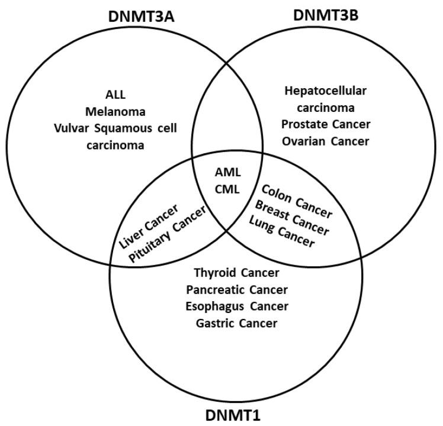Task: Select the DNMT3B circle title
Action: (326, 14)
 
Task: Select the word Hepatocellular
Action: (326, 91)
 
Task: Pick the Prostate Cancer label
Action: (326, 125)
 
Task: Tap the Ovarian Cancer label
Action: (326, 141)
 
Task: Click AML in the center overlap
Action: (227, 173)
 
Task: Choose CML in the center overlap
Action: (227, 190)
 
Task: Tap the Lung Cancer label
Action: (281, 232)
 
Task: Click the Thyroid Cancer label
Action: (236, 273)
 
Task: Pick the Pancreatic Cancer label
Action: (236, 290)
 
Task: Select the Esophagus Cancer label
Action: (236, 306)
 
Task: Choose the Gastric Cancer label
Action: (236, 323)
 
